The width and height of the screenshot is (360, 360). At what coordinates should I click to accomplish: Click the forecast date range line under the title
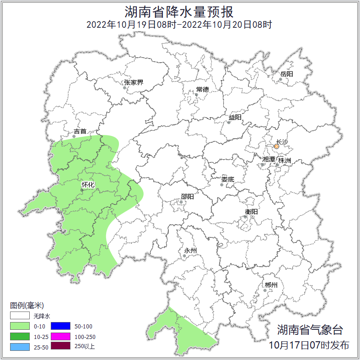tap(180, 24)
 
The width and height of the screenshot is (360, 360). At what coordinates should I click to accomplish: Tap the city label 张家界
tap(134, 83)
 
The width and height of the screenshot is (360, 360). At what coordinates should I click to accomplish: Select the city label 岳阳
tap(287, 74)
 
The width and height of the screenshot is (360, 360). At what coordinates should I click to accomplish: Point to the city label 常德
tap(202, 89)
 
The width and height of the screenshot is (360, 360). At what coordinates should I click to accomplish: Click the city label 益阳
tap(235, 117)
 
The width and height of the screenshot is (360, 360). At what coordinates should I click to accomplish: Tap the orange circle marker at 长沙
tap(276, 147)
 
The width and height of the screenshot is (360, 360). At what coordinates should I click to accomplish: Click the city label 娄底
tap(227, 179)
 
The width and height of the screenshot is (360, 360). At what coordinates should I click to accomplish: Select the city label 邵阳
tap(187, 197)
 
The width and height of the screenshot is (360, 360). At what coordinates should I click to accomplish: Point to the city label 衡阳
tap(251, 211)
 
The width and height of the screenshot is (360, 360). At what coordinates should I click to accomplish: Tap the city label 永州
tap(190, 251)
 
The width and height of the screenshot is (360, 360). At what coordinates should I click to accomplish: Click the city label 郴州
tap(271, 285)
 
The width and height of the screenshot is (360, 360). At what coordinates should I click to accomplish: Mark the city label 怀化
tap(88, 185)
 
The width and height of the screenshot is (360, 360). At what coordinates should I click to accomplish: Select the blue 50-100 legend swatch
tap(60, 326)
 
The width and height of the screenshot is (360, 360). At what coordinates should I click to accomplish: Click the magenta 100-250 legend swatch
tap(60, 336)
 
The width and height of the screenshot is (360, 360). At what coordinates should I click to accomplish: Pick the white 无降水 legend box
tap(20, 316)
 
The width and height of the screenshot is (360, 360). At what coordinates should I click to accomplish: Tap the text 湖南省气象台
tap(309, 330)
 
